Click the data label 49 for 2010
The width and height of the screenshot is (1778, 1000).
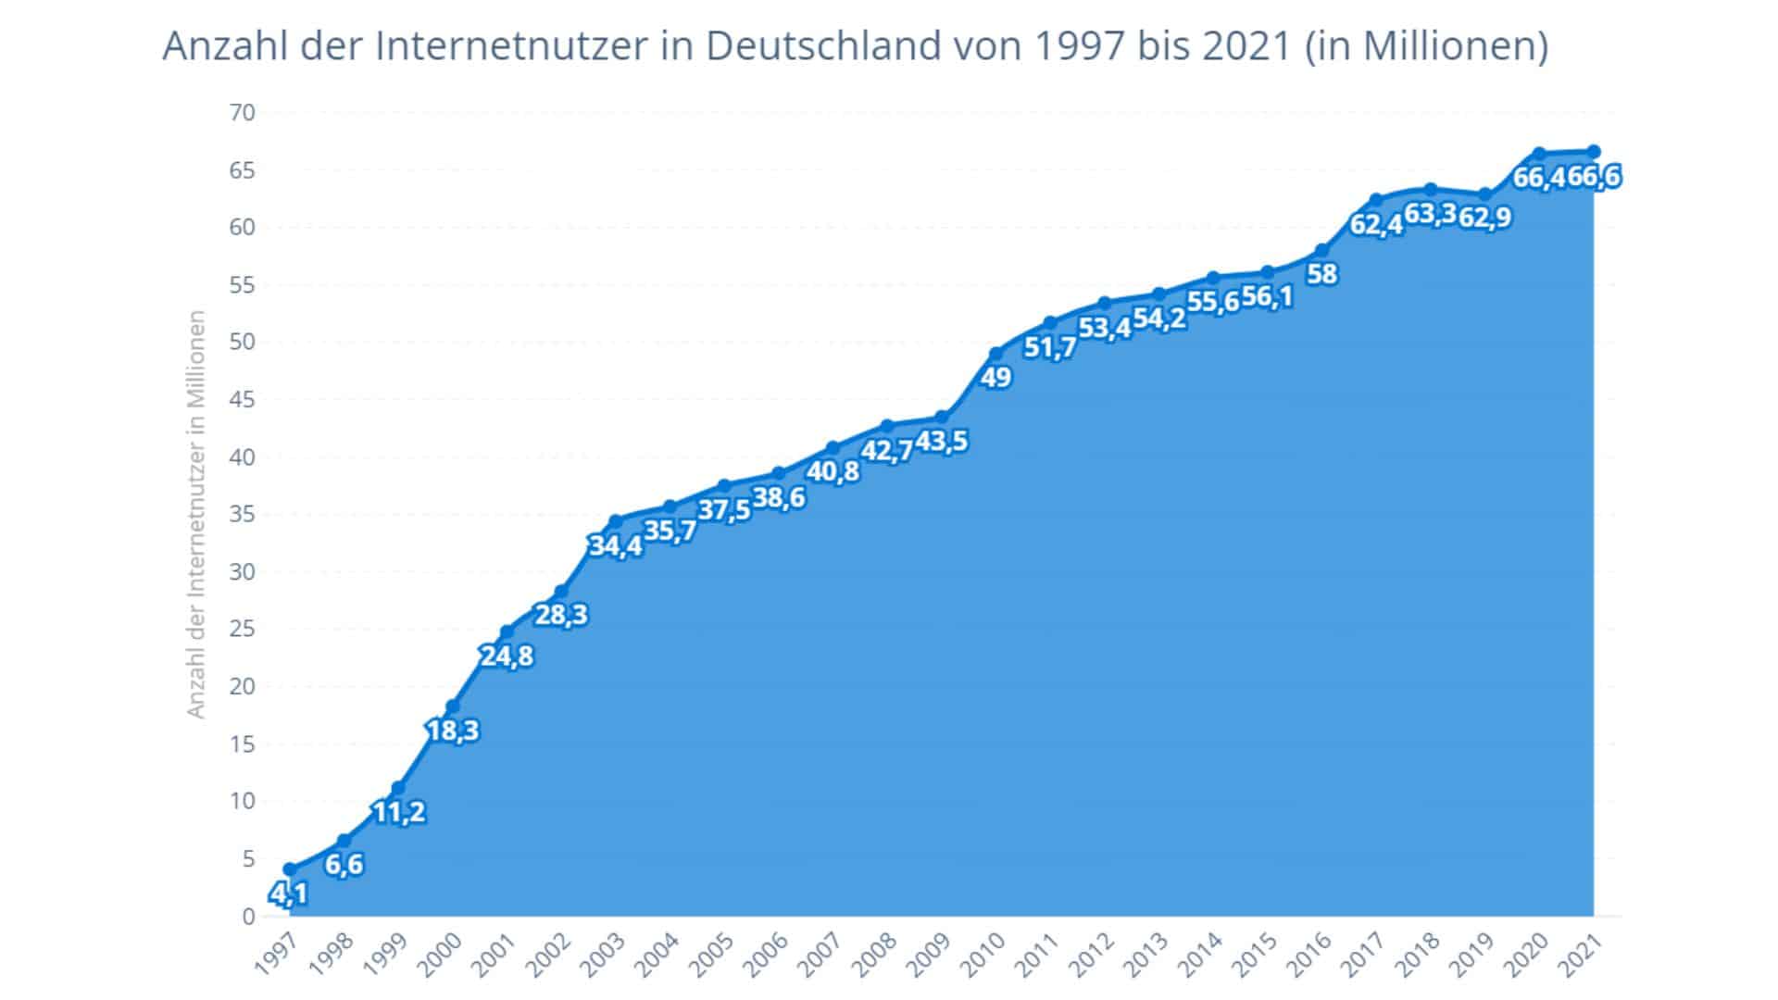point(996,378)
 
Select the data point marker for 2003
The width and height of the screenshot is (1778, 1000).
point(616,521)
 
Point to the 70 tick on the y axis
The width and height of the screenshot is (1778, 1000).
point(242,113)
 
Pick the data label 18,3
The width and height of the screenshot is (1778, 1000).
point(453,731)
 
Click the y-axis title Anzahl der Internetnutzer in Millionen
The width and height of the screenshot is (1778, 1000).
point(195,514)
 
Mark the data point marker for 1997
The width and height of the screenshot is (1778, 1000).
point(290,869)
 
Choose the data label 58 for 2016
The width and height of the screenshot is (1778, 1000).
point(1322,274)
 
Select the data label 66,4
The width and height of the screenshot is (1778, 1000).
point(1539,177)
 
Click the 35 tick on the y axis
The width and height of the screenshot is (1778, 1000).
point(242,514)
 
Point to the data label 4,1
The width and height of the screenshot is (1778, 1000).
point(288,894)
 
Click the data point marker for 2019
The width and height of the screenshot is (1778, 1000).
point(1484,194)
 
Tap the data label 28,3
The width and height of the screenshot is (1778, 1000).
point(561,615)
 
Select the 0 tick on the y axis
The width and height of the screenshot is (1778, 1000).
point(248,916)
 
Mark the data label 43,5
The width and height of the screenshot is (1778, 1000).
point(942,442)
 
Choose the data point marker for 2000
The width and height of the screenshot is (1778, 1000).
point(453,706)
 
